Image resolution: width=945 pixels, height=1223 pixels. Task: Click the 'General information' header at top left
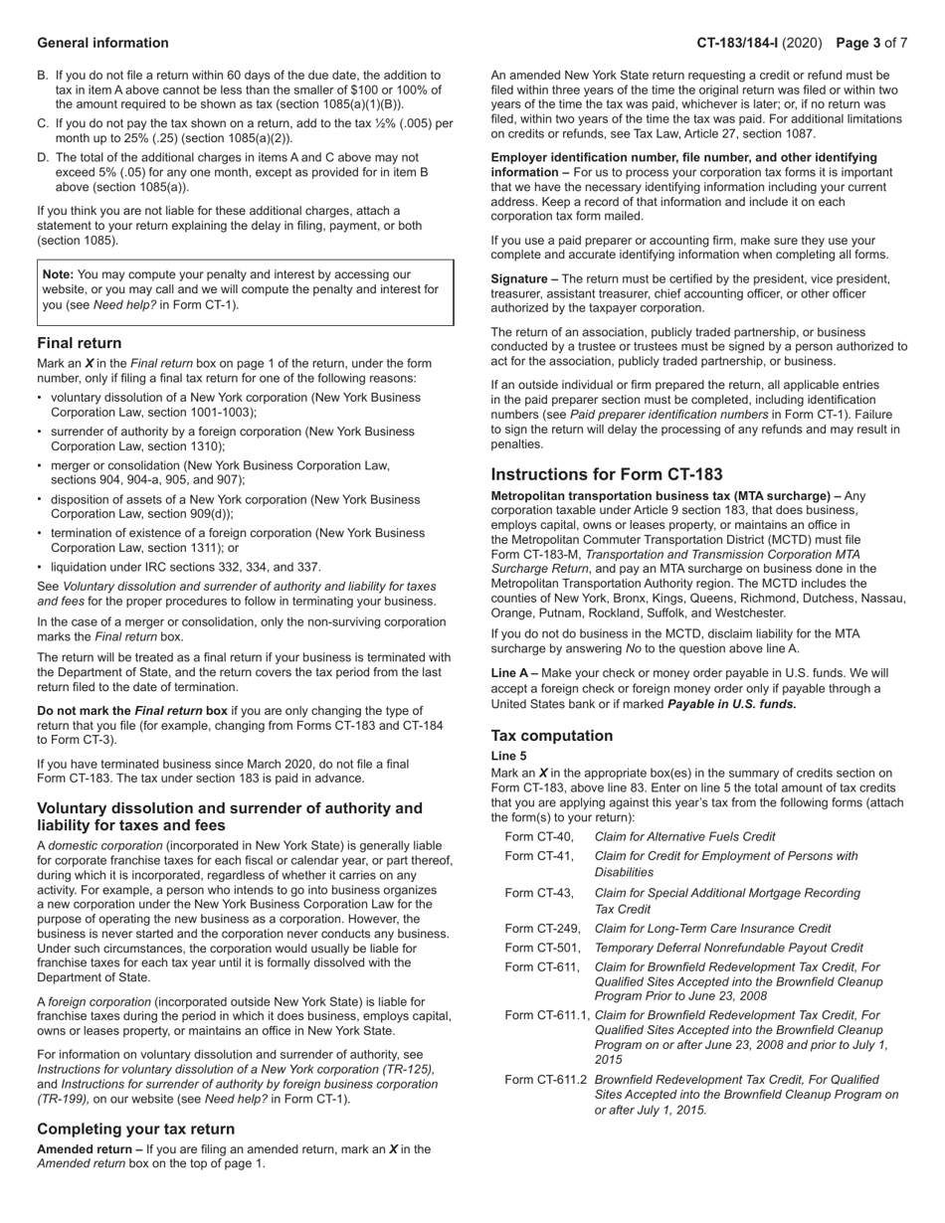click(102, 43)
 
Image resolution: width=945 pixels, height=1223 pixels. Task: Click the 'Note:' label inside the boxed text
click(58, 274)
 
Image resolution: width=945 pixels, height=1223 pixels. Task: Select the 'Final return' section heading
click(80, 343)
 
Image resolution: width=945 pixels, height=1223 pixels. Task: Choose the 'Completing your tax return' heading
click(136, 1129)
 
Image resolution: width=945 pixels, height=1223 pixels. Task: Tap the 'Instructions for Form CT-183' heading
click(607, 474)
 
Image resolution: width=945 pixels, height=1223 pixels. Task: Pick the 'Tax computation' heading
click(551, 736)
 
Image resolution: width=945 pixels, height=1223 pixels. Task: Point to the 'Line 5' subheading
click(508, 756)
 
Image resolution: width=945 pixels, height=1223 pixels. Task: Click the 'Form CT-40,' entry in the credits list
click(539, 837)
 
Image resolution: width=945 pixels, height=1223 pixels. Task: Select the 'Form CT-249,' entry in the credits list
click(543, 929)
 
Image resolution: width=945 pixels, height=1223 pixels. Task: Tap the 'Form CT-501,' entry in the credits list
click(543, 948)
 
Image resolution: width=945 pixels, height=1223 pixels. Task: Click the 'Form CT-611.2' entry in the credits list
click(546, 1079)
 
